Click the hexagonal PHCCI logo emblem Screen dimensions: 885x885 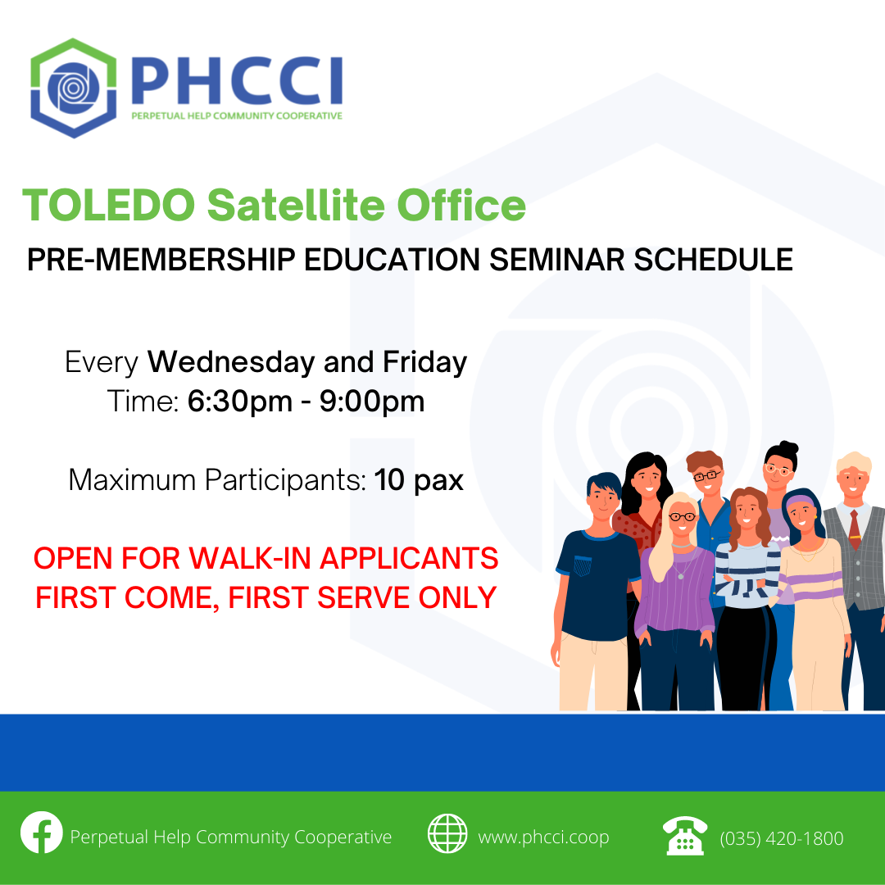74,88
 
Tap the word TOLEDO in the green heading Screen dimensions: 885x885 109,205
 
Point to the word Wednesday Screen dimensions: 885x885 231,362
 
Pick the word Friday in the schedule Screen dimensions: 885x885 425,363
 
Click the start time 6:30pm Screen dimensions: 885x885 240,402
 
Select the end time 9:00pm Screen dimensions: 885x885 372,402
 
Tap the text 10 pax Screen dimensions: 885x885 419,480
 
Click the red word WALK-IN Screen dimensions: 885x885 249,558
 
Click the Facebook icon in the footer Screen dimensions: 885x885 41,833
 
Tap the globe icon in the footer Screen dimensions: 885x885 447,833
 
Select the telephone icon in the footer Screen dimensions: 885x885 684,835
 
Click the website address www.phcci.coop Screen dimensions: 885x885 543,837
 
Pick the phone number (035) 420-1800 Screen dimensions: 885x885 782,839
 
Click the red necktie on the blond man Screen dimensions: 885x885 855,529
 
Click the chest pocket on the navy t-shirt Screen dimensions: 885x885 583,565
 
